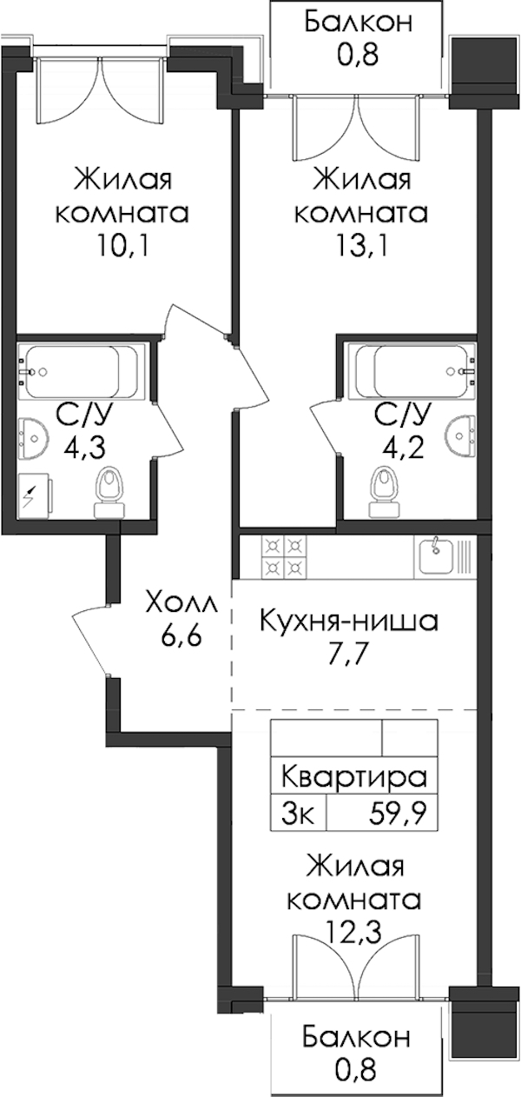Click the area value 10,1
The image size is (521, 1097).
pos(122,246)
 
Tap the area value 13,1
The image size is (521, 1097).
pos(362,246)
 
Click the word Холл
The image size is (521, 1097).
pos(181,607)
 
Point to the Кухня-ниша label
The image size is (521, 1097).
pos(349,622)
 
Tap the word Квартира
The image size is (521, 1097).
pos(354,777)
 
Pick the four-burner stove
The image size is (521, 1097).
pos(284,557)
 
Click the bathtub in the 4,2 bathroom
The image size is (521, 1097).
pos(412,372)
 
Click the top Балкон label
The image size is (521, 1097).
pos(358,23)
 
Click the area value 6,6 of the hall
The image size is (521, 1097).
pos(180,637)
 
